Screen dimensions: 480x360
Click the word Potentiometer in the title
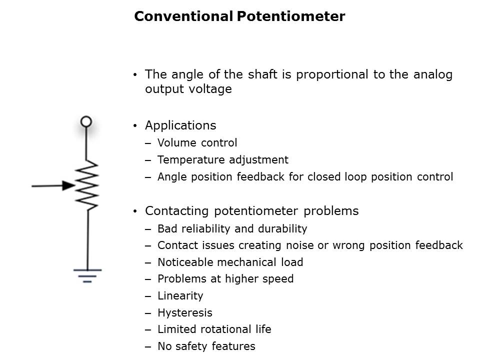coord(291,16)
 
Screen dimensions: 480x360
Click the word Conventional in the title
coord(183,16)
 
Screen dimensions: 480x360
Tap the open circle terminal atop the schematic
coord(86,121)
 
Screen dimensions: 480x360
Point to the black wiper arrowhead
coord(68,185)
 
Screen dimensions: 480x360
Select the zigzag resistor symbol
coord(87,185)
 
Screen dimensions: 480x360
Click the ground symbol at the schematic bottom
coord(87,276)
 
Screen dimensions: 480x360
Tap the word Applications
coord(180,125)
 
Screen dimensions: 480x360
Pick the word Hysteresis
coord(185,313)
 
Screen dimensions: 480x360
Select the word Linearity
coord(180,296)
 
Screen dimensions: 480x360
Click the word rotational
coord(225,329)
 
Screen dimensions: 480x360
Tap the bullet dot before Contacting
coord(135,211)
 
